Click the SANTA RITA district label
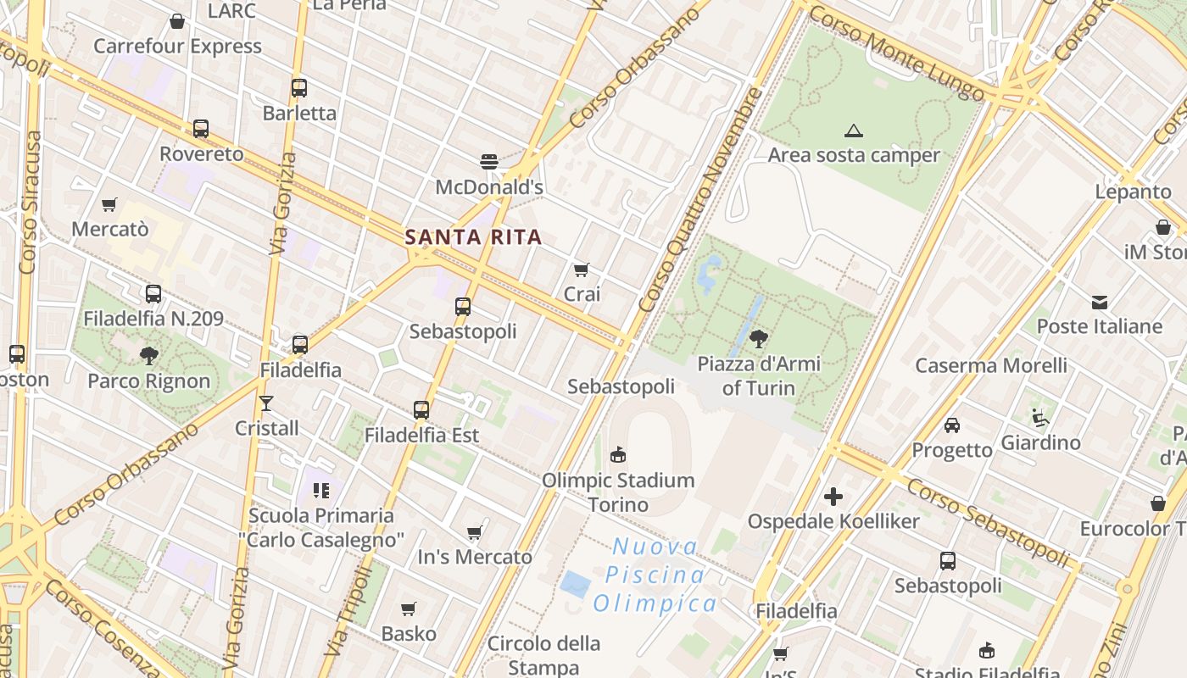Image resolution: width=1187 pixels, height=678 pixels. click(473, 237)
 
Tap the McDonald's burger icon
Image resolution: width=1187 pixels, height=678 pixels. click(488, 161)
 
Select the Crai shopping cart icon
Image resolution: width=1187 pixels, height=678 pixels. click(581, 270)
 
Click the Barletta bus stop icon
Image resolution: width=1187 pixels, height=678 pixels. click(298, 88)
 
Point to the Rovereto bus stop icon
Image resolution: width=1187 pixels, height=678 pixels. click(200, 129)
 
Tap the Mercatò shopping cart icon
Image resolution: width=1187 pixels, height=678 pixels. click(109, 204)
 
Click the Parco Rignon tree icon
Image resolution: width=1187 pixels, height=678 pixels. click(149, 355)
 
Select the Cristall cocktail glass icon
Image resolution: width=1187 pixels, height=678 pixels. click(266, 403)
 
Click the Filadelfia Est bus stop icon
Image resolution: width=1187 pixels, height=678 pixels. click(421, 410)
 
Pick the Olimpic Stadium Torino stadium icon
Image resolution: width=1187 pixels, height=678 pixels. click(618, 455)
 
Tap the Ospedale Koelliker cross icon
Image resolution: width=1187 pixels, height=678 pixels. click(833, 497)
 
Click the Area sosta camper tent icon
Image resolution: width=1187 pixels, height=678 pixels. click(853, 131)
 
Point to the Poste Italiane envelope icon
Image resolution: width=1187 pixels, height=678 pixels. click(1100, 302)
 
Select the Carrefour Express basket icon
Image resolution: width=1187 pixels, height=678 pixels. click(177, 21)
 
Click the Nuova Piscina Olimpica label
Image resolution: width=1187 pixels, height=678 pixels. click(655, 575)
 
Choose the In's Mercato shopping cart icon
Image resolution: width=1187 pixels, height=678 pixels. click(474, 532)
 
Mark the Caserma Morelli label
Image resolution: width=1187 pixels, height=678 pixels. click(991, 366)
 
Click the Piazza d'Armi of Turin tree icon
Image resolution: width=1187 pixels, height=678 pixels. click(759, 339)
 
